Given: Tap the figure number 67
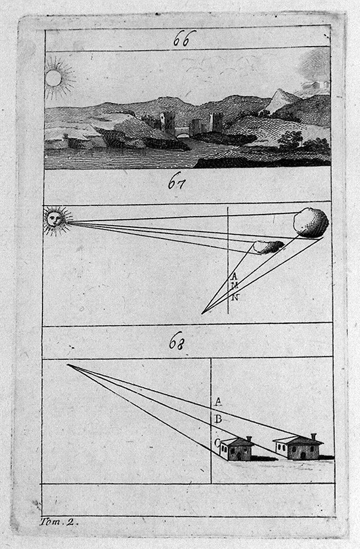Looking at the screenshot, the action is [x=177, y=183].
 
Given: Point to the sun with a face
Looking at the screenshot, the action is [x=55, y=220].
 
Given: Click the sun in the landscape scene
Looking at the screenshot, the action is [x=53, y=78].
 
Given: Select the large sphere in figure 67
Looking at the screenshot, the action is [x=311, y=222].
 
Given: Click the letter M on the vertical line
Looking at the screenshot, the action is [x=235, y=286].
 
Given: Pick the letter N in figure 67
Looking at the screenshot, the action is [x=236, y=298].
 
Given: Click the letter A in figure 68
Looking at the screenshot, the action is [x=218, y=401].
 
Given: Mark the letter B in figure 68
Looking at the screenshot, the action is [x=218, y=419].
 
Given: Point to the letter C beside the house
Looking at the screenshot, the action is [x=217, y=443].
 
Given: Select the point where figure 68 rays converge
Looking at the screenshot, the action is [x=67, y=365].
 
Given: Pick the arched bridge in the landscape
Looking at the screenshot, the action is [x=182, y=132].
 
